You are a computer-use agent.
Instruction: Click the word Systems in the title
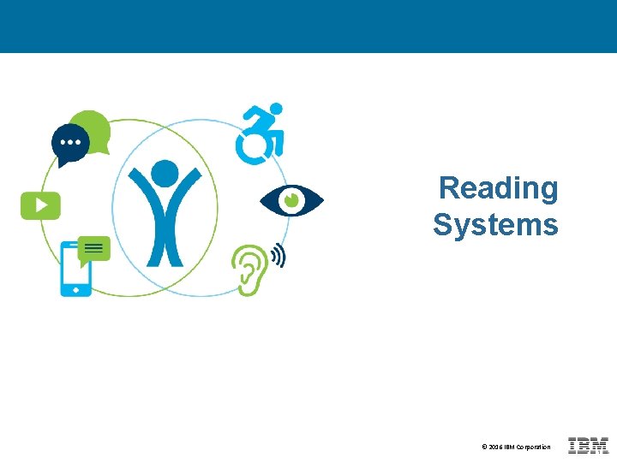[x=495, y=225]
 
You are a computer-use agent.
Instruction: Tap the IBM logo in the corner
[x=588, y=446]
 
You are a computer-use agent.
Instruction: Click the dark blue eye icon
[x=291, y=200]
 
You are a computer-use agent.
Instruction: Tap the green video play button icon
[x=40, y=204]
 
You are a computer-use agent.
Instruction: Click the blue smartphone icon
[x=75, y=272]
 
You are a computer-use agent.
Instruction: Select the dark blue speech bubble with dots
[x=69, y=143]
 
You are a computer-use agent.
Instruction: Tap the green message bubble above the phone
[x=94, y=249]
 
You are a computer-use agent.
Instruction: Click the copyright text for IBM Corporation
[x=516, y=447]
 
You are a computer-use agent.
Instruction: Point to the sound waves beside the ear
[x=277, y=255]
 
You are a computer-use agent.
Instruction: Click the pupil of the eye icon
[x=291, y=200]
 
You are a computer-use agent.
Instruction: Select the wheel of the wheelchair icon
[x=252, y=147]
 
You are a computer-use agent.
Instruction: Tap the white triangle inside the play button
[x=40, y=204]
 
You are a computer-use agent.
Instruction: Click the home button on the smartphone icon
[x=75, y=290]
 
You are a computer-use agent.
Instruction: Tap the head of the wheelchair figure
[x=276, y=110]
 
